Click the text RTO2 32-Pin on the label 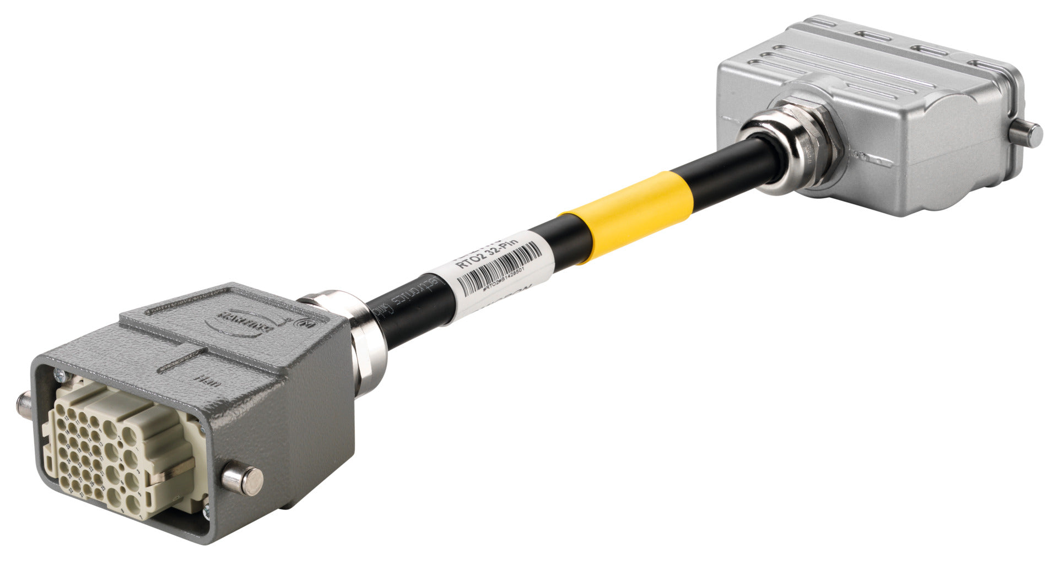point(488,251)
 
